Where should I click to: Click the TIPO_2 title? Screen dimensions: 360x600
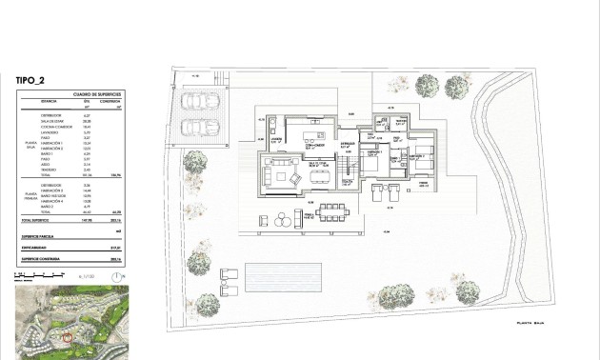pyautogui.click(x=30, y=81)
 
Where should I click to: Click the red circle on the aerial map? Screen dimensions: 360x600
pyautogui.click(x=67, y=334)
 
